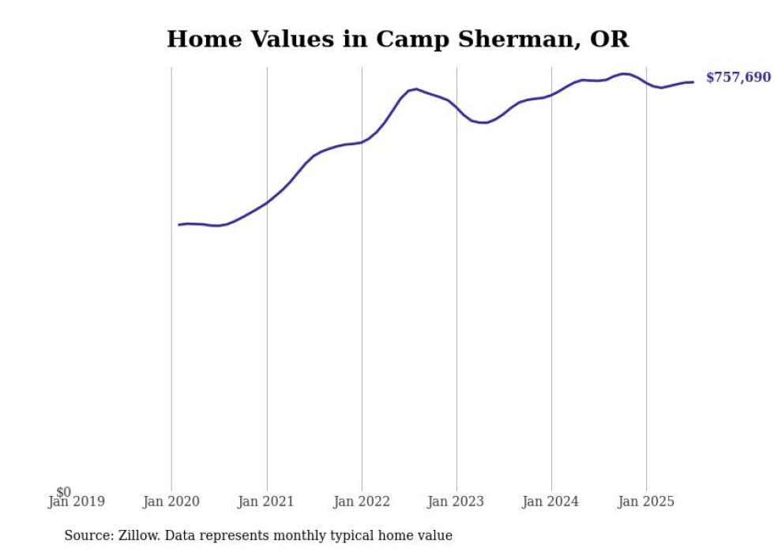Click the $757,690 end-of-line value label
(738, 77)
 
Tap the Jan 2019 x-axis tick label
(76, 501)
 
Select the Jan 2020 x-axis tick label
(171, 501)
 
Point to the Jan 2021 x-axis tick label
(266, 501)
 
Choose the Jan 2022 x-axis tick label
(362, 501)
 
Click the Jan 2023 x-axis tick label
(457, 501)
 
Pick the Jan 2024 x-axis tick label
(551, 501)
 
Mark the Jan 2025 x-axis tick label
(646, 501)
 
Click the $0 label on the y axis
(63, 492)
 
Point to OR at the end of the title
(612, 39)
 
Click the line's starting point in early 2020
(179, 225)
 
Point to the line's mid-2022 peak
(416, 89)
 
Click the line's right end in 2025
(693, 82)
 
